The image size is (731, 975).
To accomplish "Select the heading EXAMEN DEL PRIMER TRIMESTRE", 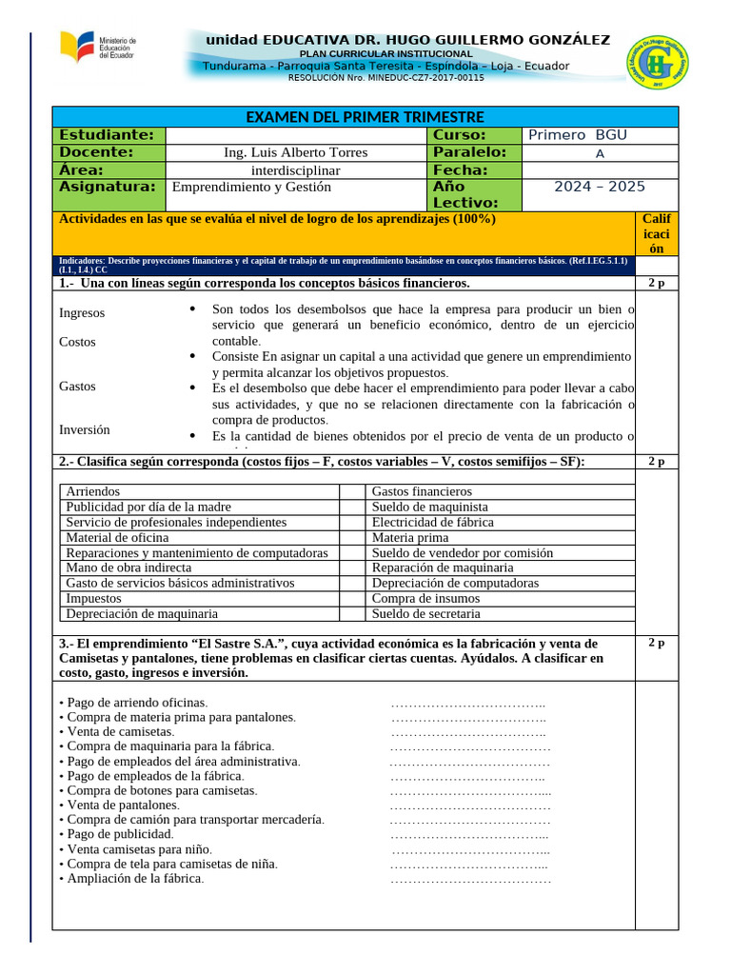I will click(x=365, y=117).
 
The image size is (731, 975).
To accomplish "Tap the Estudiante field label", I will click(x=107, y=135).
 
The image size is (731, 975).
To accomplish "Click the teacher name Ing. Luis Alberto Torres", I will click(x=295, y=152).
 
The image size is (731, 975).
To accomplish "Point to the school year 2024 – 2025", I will click(x=600, y=187).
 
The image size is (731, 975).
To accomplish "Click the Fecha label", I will click(x=461, y=169).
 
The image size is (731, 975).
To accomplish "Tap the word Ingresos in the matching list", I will click(x=82, y=313).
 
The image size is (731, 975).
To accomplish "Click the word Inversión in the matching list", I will click(x=84, y=430).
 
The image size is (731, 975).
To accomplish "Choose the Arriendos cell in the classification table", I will click(x=93, y=491).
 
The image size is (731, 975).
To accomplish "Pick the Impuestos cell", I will click(x=93, y=598).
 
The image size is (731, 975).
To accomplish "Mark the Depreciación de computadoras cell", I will click(x=455, y=583).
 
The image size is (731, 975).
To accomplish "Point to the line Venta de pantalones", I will click(x=123, y=806).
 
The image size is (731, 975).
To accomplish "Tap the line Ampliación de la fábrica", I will click(x=134, y=878).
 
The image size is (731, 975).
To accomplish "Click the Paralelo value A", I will click(x=600, y=153).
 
